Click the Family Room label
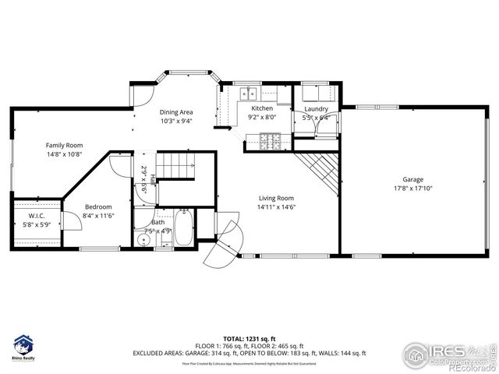click(64, 145)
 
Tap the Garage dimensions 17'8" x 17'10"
click(412, 188)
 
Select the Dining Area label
click(176, 112)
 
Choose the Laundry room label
click(316, 109)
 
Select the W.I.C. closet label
click(37, 216)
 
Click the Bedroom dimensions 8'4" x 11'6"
click(98, 215)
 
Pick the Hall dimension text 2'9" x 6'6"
click(144, 179)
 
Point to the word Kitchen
click(261, 108)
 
